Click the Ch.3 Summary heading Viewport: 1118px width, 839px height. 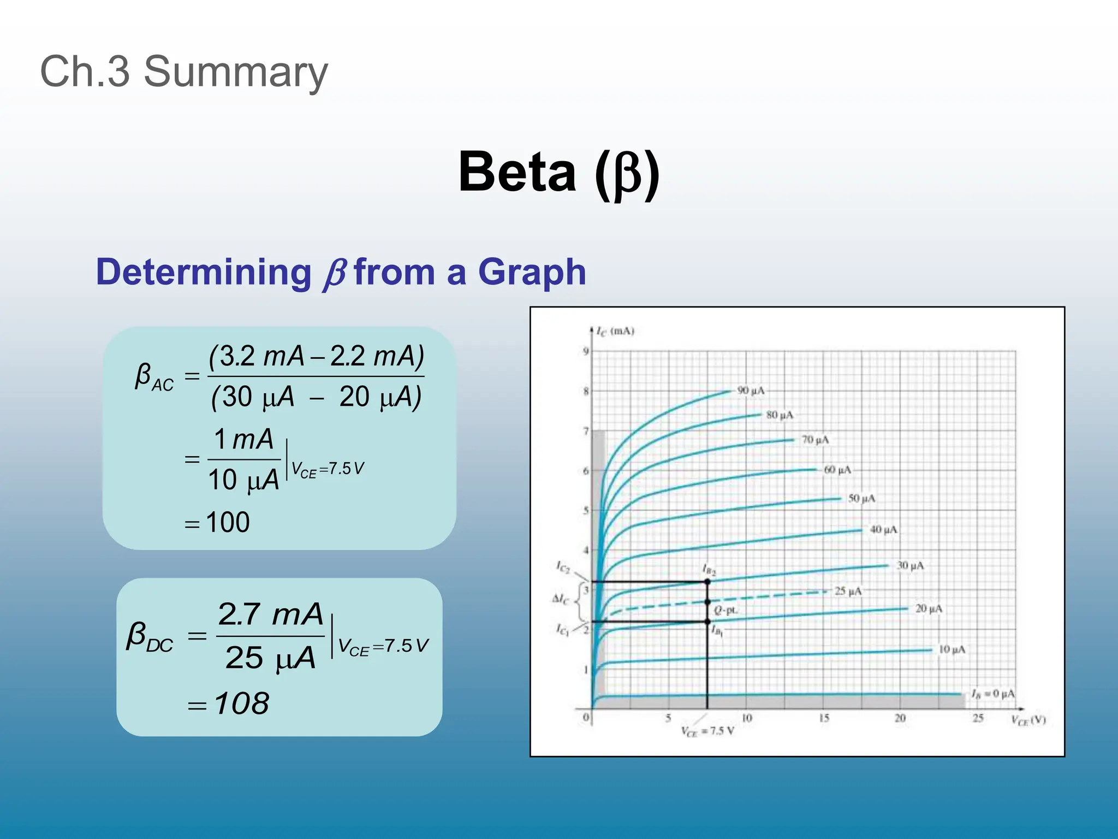(x=184, y=72)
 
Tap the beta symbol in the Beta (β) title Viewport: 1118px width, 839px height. (x=627, y=174)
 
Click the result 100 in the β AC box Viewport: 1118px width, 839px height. (x=228, y=522)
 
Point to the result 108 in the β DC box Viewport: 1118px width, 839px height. (x=241, y=703)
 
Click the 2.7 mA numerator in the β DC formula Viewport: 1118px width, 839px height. (x=271, y=615)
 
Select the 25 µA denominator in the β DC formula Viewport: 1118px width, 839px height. (x=271, y=658)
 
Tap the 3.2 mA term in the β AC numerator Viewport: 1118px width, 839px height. (x=256, y=356)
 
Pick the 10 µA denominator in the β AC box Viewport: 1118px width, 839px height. (x=243, y=480)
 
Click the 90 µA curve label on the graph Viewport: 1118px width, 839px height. (x=751, y=391)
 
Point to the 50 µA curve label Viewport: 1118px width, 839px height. (x=861, y=498)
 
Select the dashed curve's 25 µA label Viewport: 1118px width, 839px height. (x=848, y=591)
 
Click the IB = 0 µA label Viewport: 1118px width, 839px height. (x=992, y=694)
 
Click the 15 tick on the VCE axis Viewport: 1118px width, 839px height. (x=824, y=718)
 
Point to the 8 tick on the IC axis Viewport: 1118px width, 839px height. (x=586, y=391)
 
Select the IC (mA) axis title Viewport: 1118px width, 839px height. (x=615, y=331)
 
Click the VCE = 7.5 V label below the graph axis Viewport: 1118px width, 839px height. (x=707, y=731)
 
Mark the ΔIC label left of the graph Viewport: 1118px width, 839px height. (x=560, y=599)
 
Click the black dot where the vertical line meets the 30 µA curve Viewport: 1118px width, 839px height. (x=707, y=582)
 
